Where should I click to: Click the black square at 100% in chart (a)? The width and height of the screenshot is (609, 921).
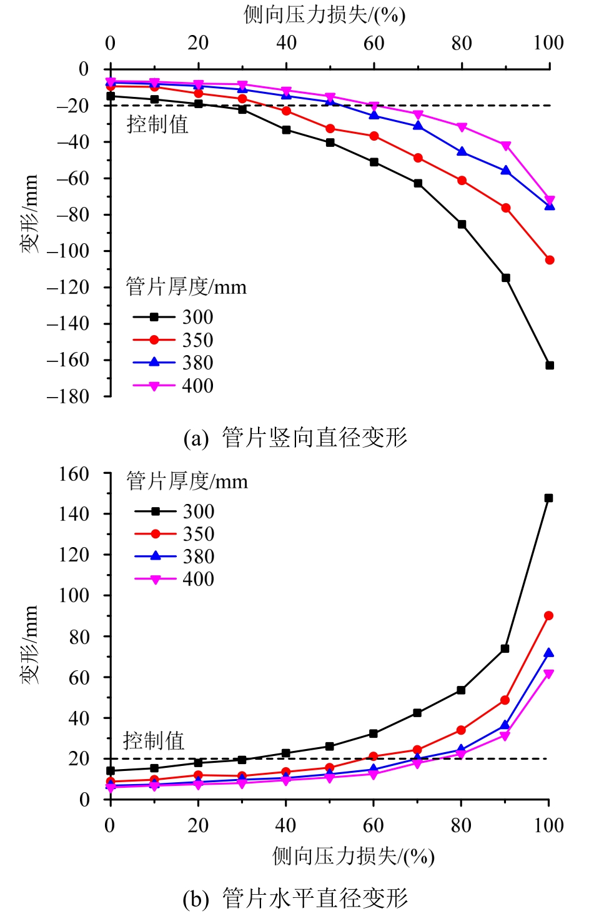550,365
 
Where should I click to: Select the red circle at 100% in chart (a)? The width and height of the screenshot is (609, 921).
550,260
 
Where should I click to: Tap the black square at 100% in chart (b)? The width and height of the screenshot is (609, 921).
548,498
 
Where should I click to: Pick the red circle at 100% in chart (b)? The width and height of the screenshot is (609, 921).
548,616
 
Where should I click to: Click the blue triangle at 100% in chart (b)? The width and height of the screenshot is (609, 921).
548,653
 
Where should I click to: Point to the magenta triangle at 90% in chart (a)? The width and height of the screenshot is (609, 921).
506,146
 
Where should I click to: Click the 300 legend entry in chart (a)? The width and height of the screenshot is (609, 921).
174,317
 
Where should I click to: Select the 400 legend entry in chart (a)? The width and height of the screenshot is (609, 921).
174,386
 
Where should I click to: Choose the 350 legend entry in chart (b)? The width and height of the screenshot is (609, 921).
175,534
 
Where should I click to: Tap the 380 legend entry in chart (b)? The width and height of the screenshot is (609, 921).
175,556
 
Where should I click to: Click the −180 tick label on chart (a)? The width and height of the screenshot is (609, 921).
68,396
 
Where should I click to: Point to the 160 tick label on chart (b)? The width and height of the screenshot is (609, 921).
74,474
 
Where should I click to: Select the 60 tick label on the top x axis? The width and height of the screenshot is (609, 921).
374,43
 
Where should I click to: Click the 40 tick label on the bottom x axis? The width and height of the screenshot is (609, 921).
285,825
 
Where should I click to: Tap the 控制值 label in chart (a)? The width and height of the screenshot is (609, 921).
157,124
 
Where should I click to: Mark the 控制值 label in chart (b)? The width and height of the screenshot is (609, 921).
154,741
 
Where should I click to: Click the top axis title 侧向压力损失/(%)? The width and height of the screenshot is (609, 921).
324,14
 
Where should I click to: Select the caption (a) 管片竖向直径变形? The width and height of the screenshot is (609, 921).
295,438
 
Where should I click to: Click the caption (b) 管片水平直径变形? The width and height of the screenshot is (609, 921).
295,898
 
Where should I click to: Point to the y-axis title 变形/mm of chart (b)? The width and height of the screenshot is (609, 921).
29,644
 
